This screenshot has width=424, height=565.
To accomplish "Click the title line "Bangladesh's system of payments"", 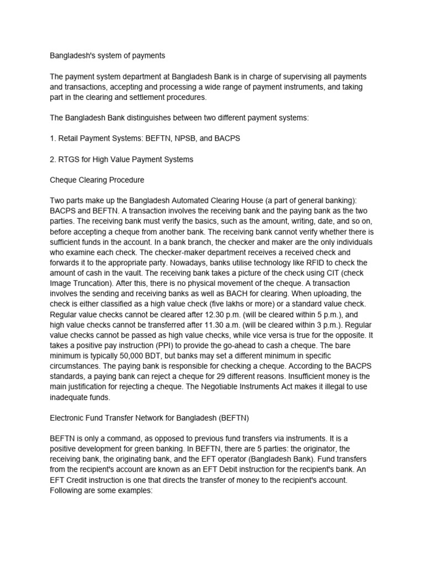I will pos(108,56).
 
